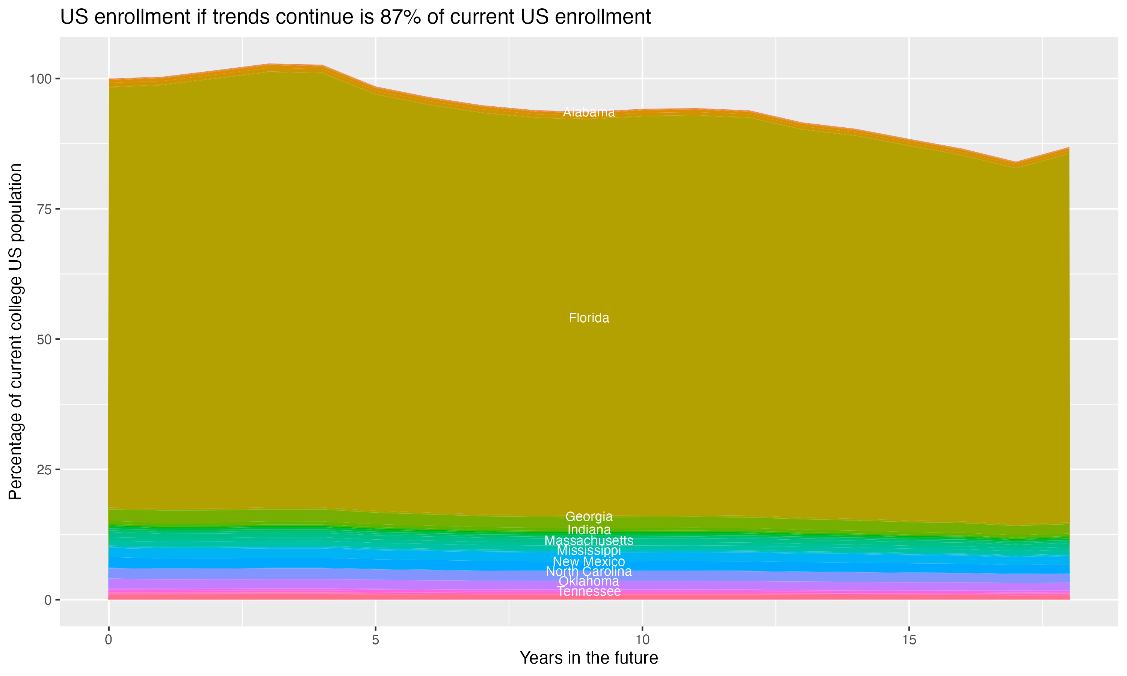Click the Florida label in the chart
(x=589, y=318)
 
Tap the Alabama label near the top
(x=589, y=112)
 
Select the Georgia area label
(x=589, y=516)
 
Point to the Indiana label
(x=589, y=530)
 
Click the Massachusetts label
(x=589, y=541)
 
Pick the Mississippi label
(x=589, y=550)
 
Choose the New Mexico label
(x=589, y=562)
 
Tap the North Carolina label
(x=589, y=571)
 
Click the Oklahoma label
(x=589, y=581)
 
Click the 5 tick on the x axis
(x=375, y=640)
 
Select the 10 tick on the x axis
(x=642, y=640)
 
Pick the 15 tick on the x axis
(x=909, y=640)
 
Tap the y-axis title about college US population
(x=15, y=331)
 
